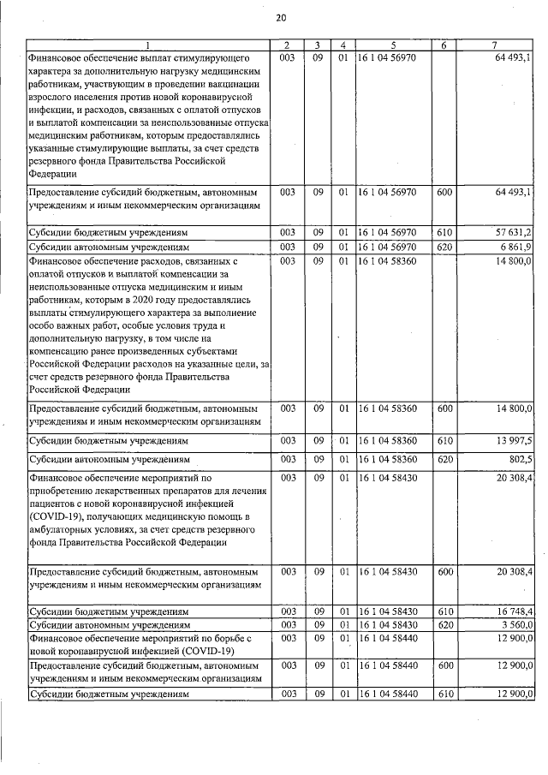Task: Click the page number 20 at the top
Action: pyautogui.click(x=281, y=17)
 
